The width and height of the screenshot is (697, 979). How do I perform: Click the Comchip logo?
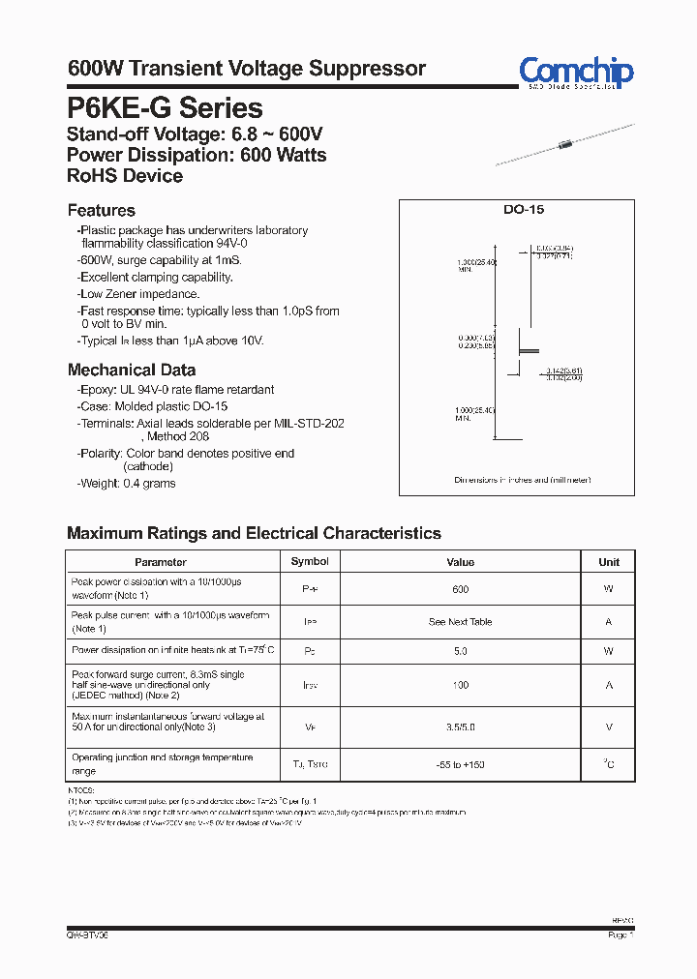pos(575,73)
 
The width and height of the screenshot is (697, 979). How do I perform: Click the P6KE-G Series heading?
pos(165,107)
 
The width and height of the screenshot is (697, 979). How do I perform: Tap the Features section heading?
pos(102,211)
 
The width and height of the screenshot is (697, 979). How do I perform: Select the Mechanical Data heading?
pos(132,370)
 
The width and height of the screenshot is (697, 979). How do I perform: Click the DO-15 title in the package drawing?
pos(517,210)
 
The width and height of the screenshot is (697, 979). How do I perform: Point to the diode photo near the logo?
pos(565,145)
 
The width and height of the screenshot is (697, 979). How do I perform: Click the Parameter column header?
pos(161,562)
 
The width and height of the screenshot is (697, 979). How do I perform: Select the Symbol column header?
pos(310,562)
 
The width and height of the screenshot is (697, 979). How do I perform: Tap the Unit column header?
pos(609,562)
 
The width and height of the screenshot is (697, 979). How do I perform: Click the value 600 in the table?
pos(461,589)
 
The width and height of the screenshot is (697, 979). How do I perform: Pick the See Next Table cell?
pos(461,622)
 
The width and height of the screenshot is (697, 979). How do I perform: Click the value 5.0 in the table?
pos(461,652)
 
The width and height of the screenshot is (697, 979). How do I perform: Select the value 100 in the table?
pos(461,685)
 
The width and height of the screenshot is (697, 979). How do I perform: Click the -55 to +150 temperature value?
pos(461,764)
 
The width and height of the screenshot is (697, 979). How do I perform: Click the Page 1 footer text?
pos(621,935)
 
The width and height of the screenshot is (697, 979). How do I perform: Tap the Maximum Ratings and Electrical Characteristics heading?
pos(254,533)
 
